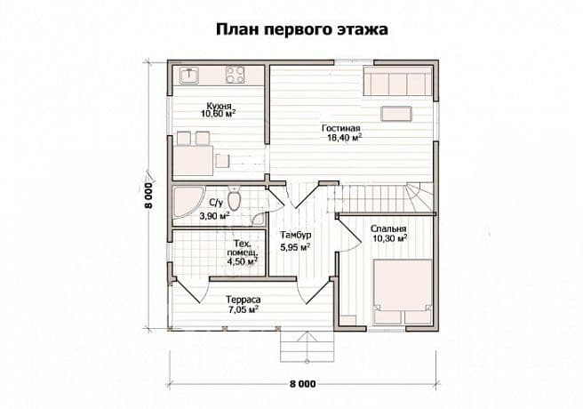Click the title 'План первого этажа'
click(302, 29)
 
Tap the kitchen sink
click(189, 75)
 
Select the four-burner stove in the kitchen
click(235, 75)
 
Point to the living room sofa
click(397, 81)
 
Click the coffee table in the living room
click(396, 114)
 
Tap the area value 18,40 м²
click(344, 139)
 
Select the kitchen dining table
click(193, 160)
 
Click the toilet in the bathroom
click(235, 199)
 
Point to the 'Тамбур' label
click(296, 235)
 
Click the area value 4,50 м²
click(243, 261)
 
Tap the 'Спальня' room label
click(388, 229)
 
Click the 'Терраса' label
click(244, 300)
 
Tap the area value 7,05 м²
click(244, 309)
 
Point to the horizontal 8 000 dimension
click(303, 384)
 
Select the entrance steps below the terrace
click(307, 346)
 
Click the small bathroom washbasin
click(258, 220)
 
